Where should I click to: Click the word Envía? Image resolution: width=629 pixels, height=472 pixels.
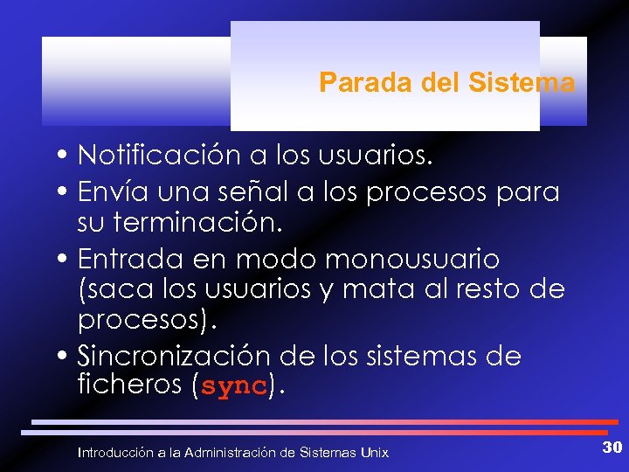click(103, 191)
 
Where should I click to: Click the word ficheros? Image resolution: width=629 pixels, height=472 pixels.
click(128, 385)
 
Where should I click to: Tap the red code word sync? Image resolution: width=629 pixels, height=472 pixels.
click(233, 387)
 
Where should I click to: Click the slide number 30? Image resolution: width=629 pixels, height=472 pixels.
click(612, 448)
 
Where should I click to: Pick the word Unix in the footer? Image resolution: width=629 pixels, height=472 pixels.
click(374, 452)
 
